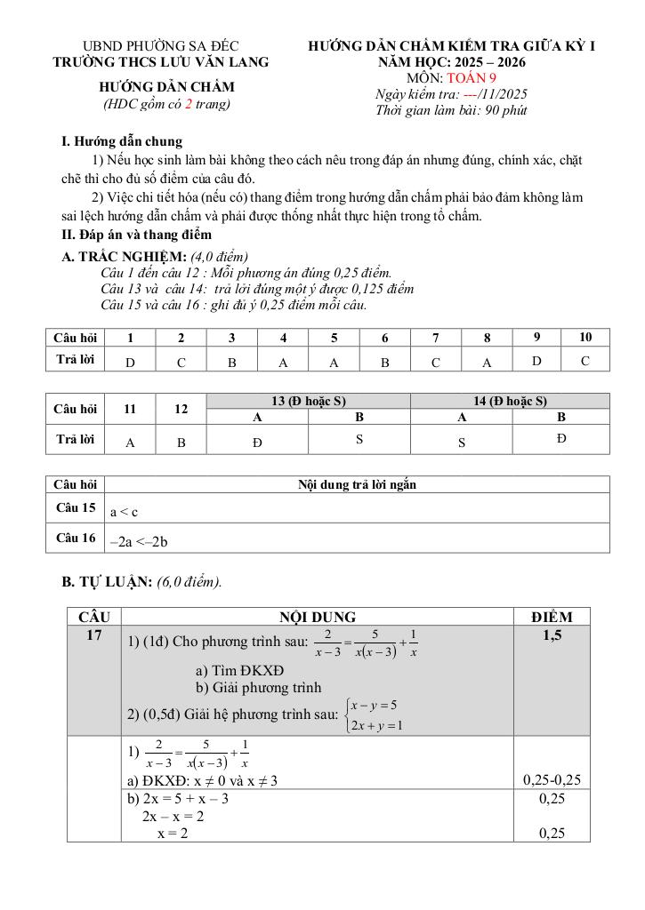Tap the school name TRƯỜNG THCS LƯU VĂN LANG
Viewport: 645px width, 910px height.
coord(161,62)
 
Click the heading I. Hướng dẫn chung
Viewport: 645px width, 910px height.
coord(122,141)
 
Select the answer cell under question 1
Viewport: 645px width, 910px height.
coord(130,362)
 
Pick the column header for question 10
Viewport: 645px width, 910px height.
coord(585,337)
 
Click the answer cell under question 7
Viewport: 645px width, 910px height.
coord(436,362)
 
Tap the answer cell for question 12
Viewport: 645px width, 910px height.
coord(181,442)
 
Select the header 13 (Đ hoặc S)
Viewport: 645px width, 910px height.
coord(308,402)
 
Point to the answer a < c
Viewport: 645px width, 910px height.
coord(125,512)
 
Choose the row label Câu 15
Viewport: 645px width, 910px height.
coord(76,508)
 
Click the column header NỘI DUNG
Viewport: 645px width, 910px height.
coord(318,617)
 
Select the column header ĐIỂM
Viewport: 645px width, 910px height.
coord(552,617)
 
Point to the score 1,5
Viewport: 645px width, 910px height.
coord(552,635)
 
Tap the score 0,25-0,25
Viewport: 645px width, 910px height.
coord(552,780)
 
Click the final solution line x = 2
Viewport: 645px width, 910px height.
coord(173,834)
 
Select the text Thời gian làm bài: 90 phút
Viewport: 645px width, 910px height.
coord(451,110)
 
